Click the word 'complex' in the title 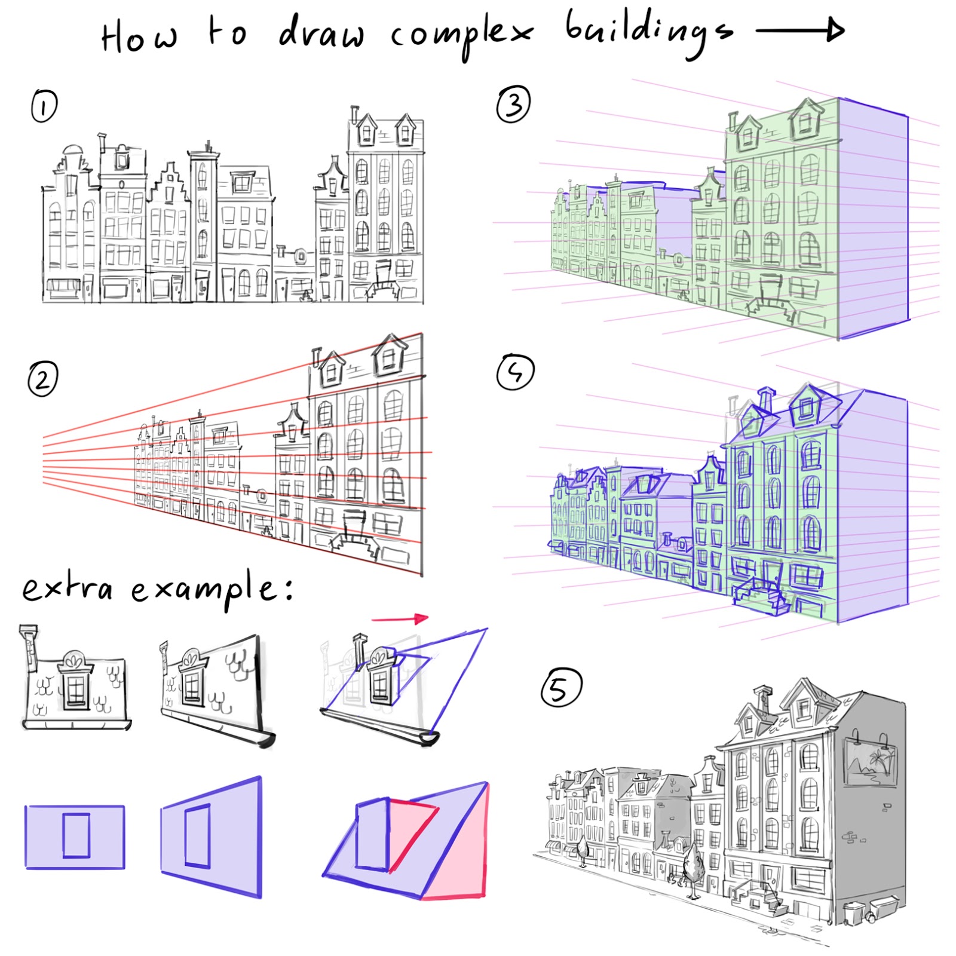tap(460, 33)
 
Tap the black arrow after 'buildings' tap(801, 30)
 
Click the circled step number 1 tap(44, 106)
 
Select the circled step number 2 tap(42, 379)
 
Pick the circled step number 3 tap(513, 104)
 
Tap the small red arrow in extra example tap(400, 618)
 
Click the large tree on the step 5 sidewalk tap(693, 866)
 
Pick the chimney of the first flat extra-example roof tap(29, 645)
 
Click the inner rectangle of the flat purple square tap(76, 835)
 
